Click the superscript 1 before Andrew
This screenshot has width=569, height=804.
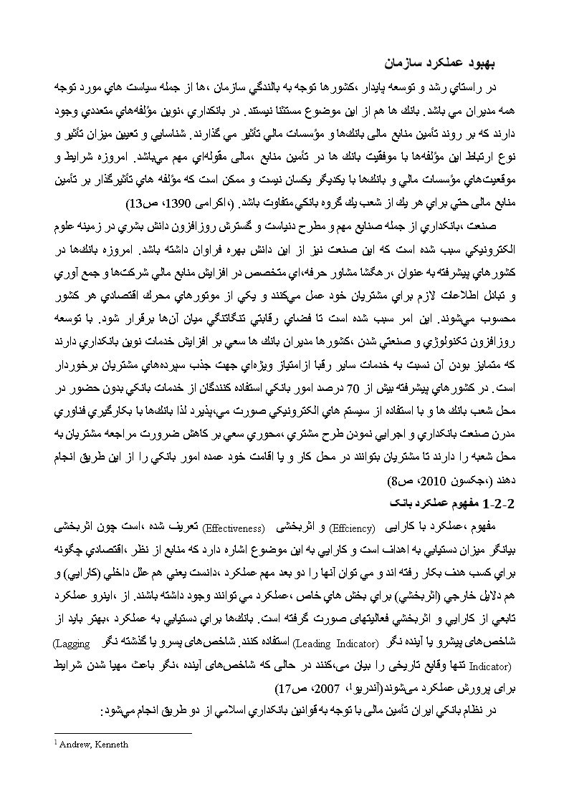(57, 743)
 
